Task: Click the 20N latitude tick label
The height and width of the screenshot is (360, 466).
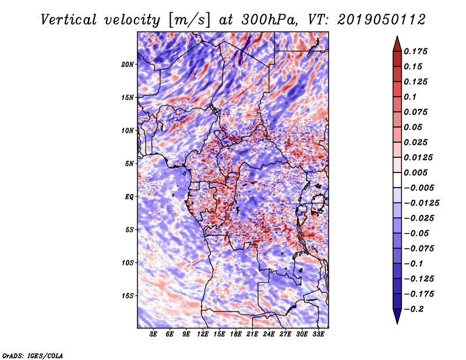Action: [128, 64]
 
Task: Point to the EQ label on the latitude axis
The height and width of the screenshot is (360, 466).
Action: [129, 197]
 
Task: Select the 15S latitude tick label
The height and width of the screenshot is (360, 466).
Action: [128, 296]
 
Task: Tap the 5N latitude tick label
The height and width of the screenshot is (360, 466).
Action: [129, 164]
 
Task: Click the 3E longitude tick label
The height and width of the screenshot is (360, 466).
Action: [154, 334]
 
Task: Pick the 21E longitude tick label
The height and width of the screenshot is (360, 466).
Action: [252, 334]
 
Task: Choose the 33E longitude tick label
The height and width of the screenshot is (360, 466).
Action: [318, 334]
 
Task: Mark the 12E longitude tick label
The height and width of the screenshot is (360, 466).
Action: [203, 334]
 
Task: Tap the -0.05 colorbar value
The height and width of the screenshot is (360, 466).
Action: [417, 234]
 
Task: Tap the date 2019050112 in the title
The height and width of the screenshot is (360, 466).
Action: [376, 20]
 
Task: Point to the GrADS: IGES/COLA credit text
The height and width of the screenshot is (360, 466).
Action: [33, 355]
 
